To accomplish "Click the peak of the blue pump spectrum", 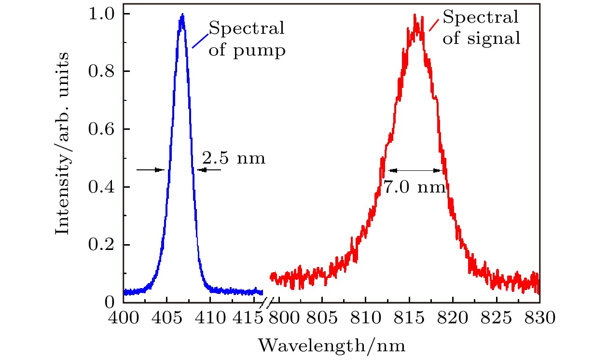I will pyautogui.click(x=182, y=15).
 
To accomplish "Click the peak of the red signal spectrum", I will pyautogui.click(x=415, y=15).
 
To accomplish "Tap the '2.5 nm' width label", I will pyautogui.click(x=234, y=158).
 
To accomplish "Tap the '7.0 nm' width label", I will pyautogui.click(x=415, y=187).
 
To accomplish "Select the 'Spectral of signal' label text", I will pyautogui.click(x=481, y=28).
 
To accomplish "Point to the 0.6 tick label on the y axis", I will pyautogui.click(x=102, y=129).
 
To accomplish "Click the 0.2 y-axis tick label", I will pyautogui.click(x=102, y=245).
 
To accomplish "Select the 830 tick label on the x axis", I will pyautogui.click(x=539, y=319).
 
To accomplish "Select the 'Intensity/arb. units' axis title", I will pyautogui.click(x=62, y=144).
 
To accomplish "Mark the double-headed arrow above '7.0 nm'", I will pyautogui.click(x=416, y=170).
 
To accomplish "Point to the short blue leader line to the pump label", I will pyautogui.click(x=200, y=41).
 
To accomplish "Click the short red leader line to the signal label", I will pyautogui.click(x=434, y=25).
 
